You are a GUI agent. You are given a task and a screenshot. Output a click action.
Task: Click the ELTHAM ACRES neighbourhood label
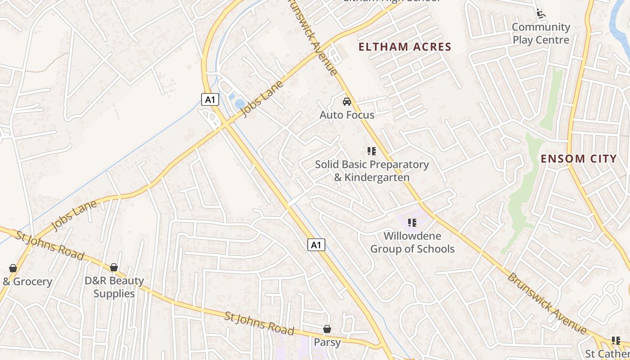click(405, 47)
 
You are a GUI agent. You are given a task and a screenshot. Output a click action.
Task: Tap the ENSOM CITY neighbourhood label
click(578, 158)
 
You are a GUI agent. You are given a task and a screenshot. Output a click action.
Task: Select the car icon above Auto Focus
click(346, 102)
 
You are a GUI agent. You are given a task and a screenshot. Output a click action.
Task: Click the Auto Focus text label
click(346, 115)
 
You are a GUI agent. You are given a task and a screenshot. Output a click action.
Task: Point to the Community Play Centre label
click(541, 33)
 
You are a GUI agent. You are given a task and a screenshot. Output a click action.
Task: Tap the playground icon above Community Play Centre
click(541, 13)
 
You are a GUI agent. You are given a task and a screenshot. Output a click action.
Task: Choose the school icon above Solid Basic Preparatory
click(371, 151)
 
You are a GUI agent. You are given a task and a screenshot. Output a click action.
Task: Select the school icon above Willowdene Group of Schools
click(412, 222)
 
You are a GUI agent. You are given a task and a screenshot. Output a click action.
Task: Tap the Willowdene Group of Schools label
click(412, 242)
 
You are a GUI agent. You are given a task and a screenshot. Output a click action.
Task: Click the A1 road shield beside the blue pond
click(210, 99)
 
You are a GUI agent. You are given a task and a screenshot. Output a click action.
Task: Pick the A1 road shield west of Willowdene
click(316, 245)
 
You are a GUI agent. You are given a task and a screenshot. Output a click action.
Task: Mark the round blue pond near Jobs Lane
click(239, 104)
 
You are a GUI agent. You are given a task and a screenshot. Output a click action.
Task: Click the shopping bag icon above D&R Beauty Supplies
click(114, 268)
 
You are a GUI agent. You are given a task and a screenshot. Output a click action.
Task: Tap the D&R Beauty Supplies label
click(114, 287)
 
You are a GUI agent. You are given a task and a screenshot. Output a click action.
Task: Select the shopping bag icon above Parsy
click(327, 329)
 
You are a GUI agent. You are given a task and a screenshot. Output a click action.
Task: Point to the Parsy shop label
click(327, 342)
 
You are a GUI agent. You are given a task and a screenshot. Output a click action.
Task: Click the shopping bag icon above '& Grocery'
click(13, 269)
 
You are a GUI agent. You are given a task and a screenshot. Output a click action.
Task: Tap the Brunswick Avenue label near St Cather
click(547, 303)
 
